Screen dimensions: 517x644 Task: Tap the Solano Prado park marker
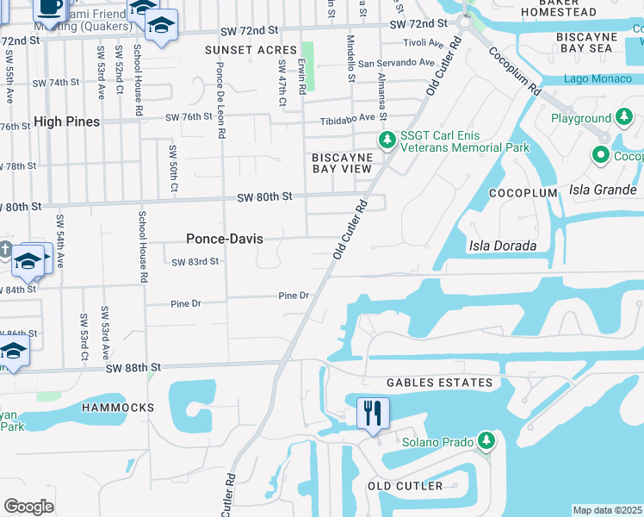[x=486, y=442]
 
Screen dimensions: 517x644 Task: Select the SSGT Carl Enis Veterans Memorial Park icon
[x=387, y=140]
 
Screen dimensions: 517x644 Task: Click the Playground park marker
[x=622, y=118]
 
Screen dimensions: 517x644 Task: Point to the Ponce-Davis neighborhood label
[x=225, y=239]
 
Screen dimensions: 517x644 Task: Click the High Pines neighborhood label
[x=67, y=121]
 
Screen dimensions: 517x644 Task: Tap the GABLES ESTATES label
[x=439, y=383]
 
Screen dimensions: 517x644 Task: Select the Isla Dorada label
[x=503, y=246]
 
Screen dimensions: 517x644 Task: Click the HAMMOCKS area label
[x=118, y=407]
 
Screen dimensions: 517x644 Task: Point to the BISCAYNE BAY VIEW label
[x=342, y=163]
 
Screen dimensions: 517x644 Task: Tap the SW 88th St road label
[x=134, y=368]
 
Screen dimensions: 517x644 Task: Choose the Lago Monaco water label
[x=599, y=79]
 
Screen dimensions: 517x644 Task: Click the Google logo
[x=28, y=507]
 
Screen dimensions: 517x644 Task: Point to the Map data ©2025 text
[x=607, y=510]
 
